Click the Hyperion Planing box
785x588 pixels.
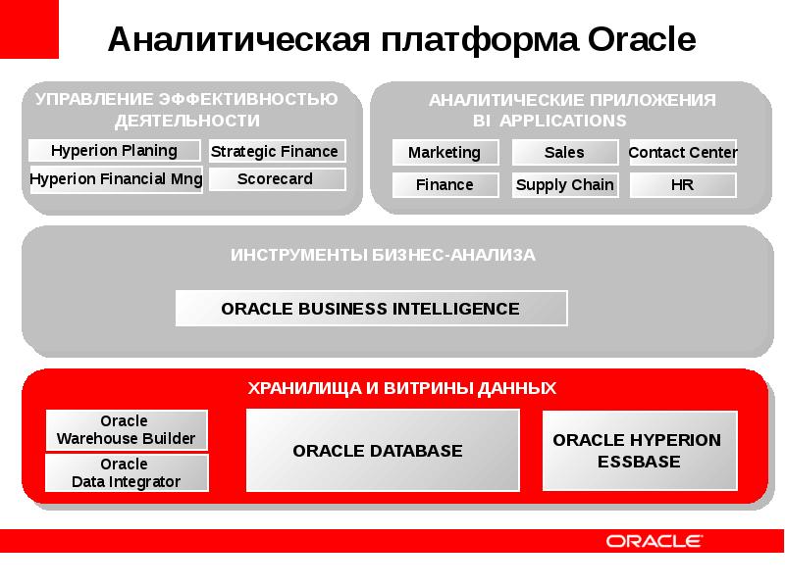(x=115, y=151)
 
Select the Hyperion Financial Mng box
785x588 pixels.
(x=116, y=179)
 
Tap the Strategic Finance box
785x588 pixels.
(x=275, y=151)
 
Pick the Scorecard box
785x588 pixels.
(x=275, y=179)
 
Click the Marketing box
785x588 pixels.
(x=445, y=153)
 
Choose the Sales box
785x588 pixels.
(x=564, y=153)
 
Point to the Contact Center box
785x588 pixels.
(x=682, y=153)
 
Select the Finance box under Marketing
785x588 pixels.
(x=445, y=185)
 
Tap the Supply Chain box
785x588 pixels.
(x=564, y=185)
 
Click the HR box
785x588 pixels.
(x=682, y=185)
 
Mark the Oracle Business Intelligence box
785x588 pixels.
(x=371, y=309)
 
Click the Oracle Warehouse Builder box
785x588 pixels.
(x=126, y=430)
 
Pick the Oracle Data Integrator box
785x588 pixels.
(x=126, y=472)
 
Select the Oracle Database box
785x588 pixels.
(x=382, y=451)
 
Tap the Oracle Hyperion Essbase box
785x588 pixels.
(x=638, y=451)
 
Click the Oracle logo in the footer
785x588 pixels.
(x=653, y=541)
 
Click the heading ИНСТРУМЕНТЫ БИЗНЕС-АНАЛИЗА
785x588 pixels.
(x=383, y=255)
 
